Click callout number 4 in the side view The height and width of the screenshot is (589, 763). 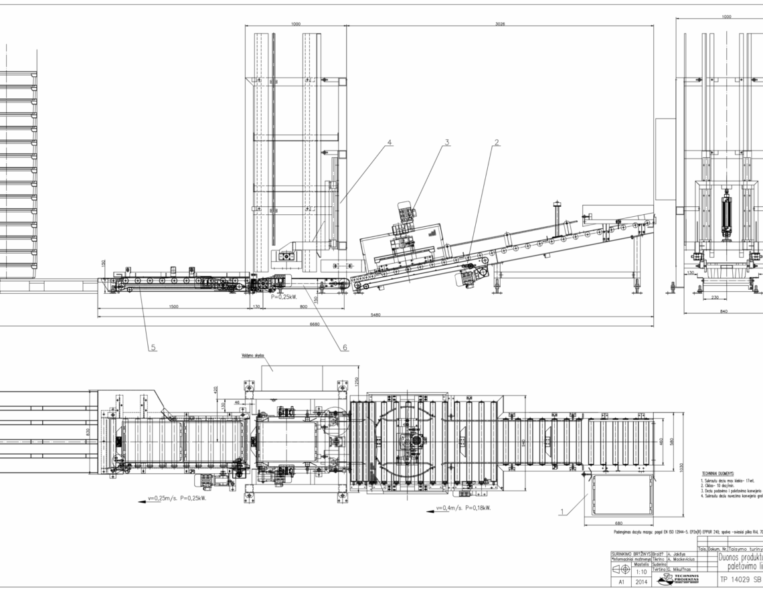point(390,142)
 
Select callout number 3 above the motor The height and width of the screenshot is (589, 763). point(447,141)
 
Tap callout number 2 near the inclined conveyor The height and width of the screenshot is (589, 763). point(497,141)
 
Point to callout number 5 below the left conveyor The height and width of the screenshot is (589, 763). point(153,347)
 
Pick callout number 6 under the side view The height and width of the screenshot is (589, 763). point(345,347)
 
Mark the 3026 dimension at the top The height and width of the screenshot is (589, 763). point(500,23)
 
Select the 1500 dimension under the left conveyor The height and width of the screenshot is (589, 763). point(173,307)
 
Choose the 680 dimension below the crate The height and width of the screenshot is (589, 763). point(618,523)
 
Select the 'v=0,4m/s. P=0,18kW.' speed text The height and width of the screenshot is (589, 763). point(463,507)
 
